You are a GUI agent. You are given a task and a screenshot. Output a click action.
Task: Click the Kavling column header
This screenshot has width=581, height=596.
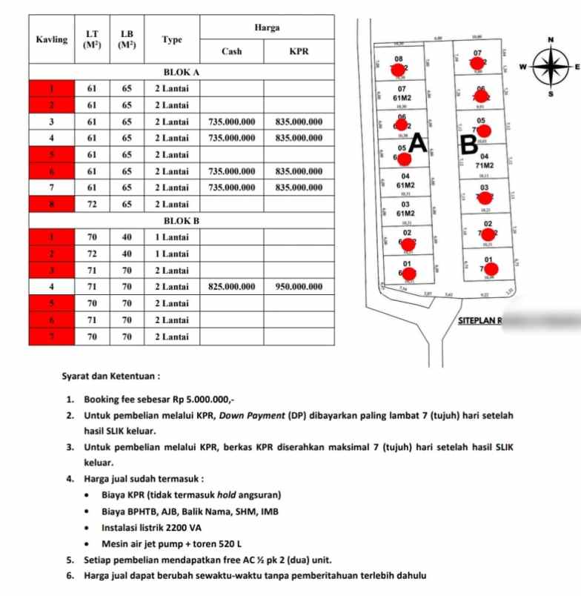pos(51,39)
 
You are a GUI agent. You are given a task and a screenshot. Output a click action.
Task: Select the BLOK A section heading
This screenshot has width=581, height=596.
pos(182,73)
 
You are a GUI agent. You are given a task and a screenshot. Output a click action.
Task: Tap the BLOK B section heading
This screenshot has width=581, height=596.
pos(182,221)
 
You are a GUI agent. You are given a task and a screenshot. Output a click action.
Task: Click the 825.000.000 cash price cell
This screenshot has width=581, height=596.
pos(232,287)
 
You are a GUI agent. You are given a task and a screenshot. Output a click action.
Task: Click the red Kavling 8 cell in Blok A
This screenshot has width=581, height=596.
pos(51,204)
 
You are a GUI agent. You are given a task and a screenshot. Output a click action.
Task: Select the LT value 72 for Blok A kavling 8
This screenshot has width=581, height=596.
pos(92,204)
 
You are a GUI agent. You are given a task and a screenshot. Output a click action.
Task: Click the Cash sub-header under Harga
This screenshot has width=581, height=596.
pos(232,52)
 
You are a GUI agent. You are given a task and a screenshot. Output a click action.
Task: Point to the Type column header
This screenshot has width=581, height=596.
pos(172,40)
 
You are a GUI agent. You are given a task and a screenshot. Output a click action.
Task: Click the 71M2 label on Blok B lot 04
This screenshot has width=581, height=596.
pos(485,166)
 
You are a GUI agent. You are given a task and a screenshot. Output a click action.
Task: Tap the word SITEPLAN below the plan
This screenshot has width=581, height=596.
pos(477,320)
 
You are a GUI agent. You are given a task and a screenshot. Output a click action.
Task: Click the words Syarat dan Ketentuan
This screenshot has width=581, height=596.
pos(111,377)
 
